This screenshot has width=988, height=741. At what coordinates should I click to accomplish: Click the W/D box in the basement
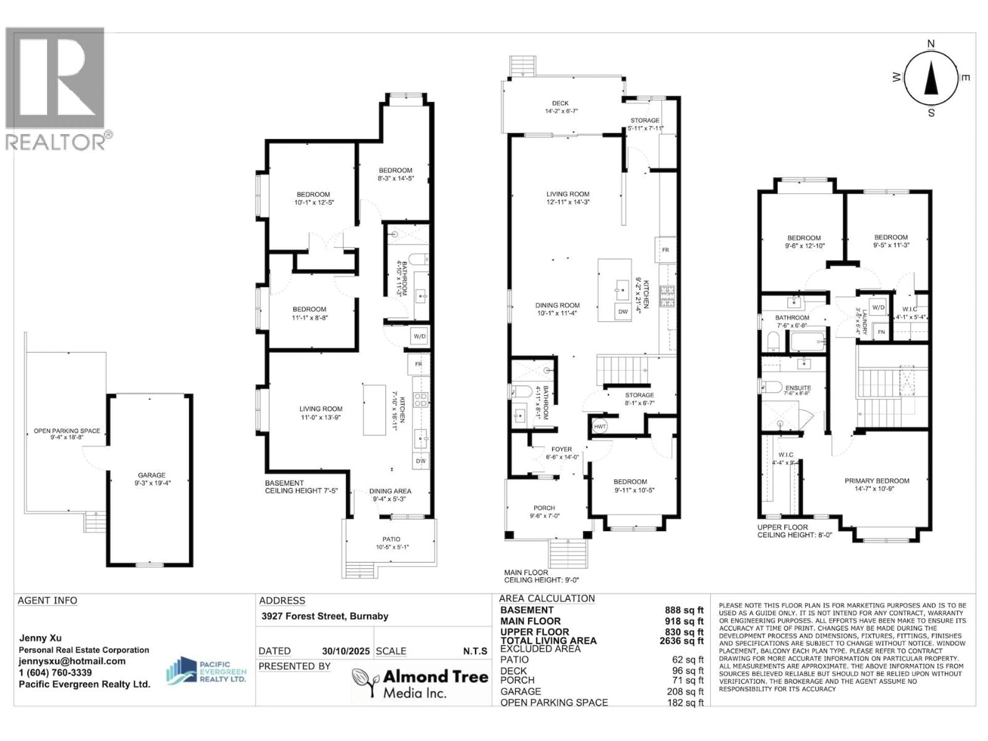tap(419, 336)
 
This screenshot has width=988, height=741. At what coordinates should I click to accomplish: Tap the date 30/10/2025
tap(346, 651)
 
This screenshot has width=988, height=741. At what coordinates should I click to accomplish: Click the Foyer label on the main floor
tap(561, 449)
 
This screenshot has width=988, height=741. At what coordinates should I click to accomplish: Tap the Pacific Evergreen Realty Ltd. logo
tap(206, 671)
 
